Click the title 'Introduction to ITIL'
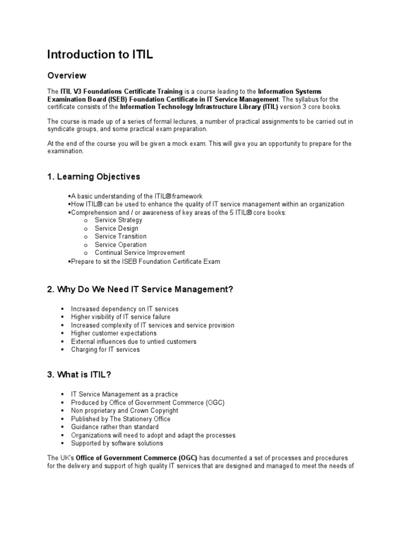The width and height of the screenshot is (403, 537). pyautogui.click(x=100, y=55)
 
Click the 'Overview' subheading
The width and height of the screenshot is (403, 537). pyautogui.click(x=67, y=76)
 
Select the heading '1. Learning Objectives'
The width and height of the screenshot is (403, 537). pyautogui.click(x=93, y=176)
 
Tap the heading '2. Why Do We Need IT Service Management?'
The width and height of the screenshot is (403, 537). pyautogui.click(x=140, y=289)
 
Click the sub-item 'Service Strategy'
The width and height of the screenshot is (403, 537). pyautogui.click(x=119, y=220)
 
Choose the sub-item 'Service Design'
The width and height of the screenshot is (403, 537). pyautogui.click(x=116, y=229)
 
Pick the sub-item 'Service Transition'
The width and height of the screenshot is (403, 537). pyautogui.click(x=121, y=237)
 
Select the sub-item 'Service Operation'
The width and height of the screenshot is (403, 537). pyautogui.click(x=121, y=245)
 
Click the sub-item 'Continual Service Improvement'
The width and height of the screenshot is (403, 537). pyautogui.click(x=140, y=253)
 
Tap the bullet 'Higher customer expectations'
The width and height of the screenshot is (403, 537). pyautogui.click(x=114, y=333)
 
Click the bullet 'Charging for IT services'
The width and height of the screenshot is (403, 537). pyautogui.click(x=105, y=349)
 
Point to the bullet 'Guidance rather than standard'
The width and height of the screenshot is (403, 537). pyautogui.click(x=115, y=427)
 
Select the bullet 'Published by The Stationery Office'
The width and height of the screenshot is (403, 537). pyautogui.click(x=121, y=419)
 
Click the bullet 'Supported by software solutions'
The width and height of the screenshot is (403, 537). pyautogui.click(x=117, y=443)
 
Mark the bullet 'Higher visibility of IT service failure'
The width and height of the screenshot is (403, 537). pyautogui.click(x=121, y=317)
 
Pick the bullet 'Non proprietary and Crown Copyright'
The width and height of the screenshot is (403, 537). pyautogui.click(x=124, y=411)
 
